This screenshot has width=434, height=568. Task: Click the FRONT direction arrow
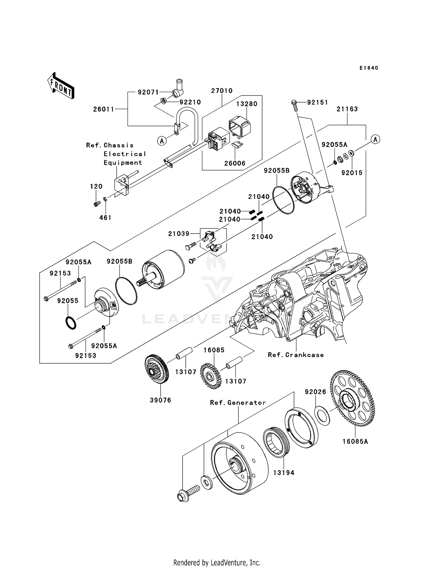click(61, 86)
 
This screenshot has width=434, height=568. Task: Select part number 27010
click(222, 91)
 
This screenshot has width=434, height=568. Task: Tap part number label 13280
click(247, 104)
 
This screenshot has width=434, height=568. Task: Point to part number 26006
click(235, 163)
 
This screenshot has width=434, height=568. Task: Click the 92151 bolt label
click(317, 102)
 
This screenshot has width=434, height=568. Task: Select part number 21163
click(347, 109)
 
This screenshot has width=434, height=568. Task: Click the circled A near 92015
click(375, 140)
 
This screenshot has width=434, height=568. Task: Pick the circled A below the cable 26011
click(162, 141)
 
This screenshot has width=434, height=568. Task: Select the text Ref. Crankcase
click(296, 355)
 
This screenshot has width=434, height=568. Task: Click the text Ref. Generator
click(238, 403)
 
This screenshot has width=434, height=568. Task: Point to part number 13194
click(284, 473)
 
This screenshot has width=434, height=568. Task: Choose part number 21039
click(179, 234)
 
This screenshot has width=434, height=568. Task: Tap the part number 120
click(96, 186)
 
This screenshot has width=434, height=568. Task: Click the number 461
click(105, 218)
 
